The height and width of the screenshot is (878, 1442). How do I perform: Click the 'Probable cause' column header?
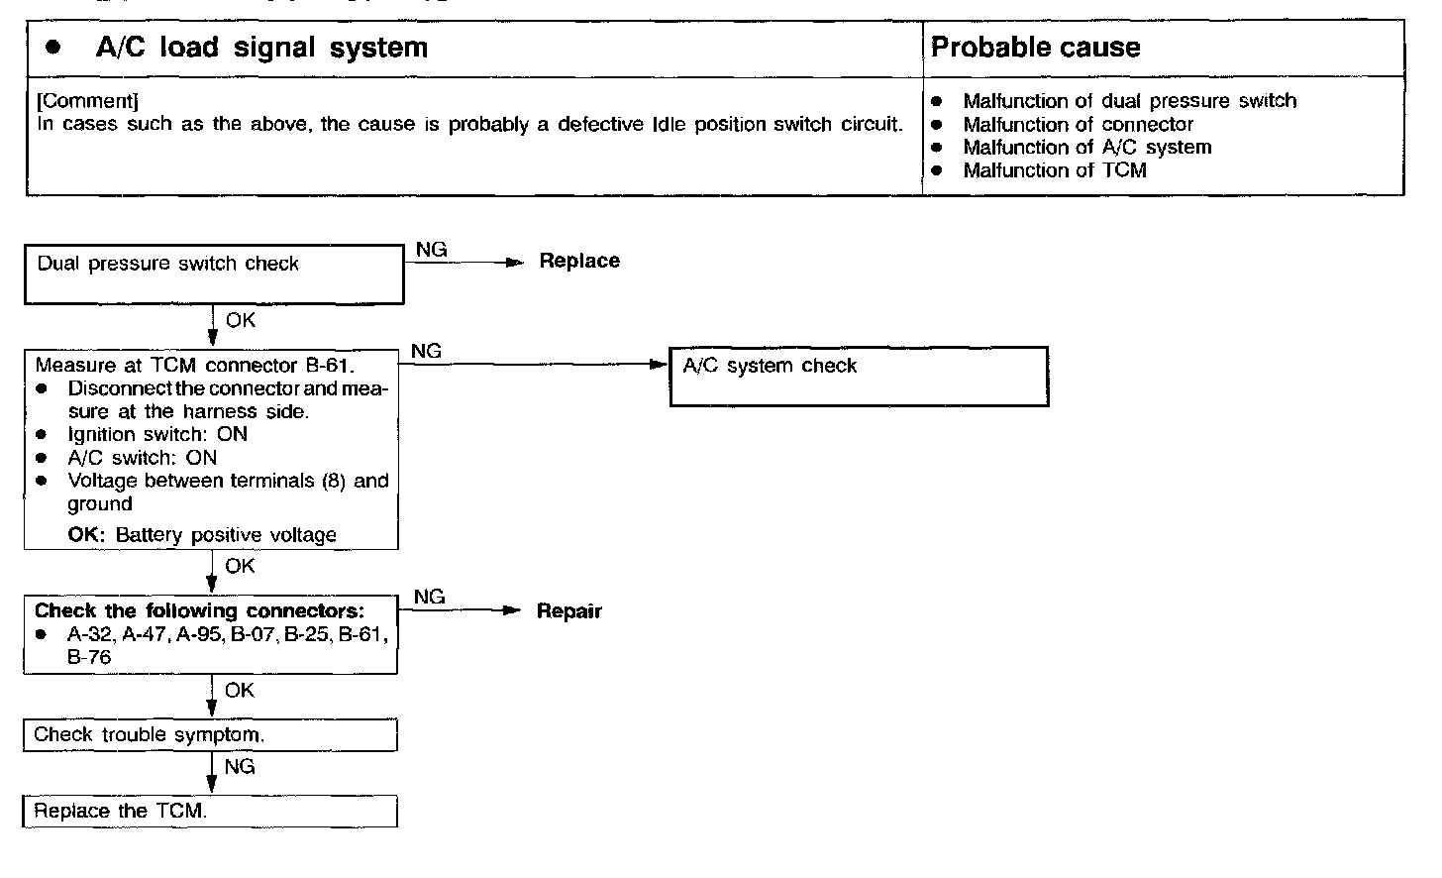pyautogui.click(x=1035, y=48)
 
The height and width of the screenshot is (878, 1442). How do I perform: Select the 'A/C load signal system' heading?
pyautogui.click(x=261, y=48)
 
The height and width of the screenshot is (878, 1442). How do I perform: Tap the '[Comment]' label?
pyautogui.click(x=87, y=101)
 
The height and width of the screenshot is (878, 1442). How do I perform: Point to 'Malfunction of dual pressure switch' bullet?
pyautogui.click(x=1129, y=101)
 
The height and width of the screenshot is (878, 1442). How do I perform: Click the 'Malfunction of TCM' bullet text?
pyautogui.click(x=1054, y=170)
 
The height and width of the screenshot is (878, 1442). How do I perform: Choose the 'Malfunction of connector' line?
pyautogui.click(x=1078, y=125)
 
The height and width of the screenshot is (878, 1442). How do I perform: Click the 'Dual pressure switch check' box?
pyautogui.click(x=213, y=274)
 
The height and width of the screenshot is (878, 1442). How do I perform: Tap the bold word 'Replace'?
pyautogui.click(x=579, y=261)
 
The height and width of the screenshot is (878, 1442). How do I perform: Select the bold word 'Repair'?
pyautogui.click(x=568, y=611)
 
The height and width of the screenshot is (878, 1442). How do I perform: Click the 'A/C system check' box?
pyautogui.click(x=858, y=376)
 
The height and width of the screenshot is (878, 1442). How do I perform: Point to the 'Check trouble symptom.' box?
pyautogui.click(x=210, y=735)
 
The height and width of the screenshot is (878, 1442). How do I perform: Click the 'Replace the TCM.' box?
pyautogui.click(x=210, y=811)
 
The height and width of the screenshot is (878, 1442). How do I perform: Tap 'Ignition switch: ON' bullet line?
pyautogui.click(x=157, y=434)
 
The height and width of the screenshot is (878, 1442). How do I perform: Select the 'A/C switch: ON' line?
pyautogui.click(x=142, y=458)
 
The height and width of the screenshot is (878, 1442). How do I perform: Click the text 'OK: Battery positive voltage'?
pyautogui.click(x=202, y=535)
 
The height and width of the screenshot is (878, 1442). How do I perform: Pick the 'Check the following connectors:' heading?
pyautogui.click(x=199, y=610)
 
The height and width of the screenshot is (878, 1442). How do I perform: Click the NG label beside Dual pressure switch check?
pyautogui.click(x=431, y=250)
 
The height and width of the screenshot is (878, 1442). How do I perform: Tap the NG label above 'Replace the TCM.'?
pyautogui.click(x=240, y=766)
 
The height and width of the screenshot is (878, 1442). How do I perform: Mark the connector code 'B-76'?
pyautogui.click(x=89, y=657)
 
